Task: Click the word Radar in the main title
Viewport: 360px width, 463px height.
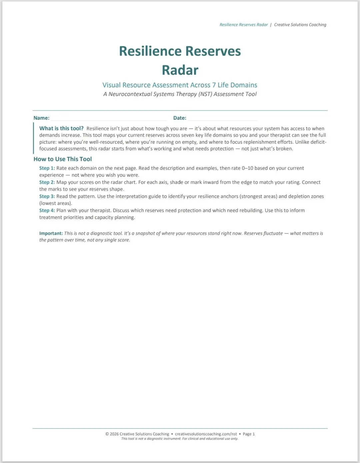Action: [180, 70]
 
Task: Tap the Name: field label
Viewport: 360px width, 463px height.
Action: [41, 118]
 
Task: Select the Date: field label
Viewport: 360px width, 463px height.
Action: [180, 118]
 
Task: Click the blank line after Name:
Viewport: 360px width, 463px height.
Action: [108, 119]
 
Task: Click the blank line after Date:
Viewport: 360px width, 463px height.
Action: [222, 119]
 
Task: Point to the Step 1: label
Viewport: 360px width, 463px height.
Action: [47, 168]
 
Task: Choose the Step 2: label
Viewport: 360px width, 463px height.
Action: [47, 182]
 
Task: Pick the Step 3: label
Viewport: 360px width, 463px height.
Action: [47, 196]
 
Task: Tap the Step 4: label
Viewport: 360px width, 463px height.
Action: [47, 210]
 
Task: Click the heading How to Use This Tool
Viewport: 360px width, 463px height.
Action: [63, 159]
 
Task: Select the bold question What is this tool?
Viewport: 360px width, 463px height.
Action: [61, 128]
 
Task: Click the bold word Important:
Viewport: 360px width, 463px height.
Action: [51, 233]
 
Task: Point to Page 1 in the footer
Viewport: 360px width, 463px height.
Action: [249, 434]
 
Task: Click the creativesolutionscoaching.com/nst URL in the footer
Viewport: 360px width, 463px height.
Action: [206, 434]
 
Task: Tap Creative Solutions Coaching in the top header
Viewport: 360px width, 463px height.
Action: [300, 25]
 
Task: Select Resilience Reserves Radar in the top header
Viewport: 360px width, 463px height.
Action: [244, 25]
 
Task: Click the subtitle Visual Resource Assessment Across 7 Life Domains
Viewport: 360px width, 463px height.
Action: [180, 85]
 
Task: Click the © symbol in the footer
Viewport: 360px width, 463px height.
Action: [107, 434]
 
